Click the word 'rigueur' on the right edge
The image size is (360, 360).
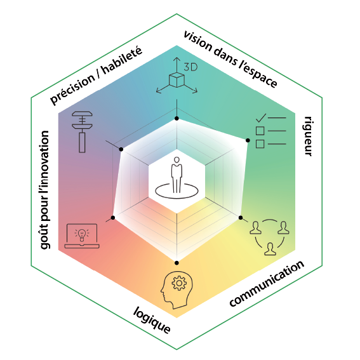[308, 137]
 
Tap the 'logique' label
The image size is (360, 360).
[152, 320]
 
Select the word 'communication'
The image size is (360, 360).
[267, 283]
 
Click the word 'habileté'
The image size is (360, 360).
[122, 60]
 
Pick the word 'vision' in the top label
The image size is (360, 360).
[198, 41]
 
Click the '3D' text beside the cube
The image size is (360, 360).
[190, 67]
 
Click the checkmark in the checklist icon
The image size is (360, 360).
[261, 118]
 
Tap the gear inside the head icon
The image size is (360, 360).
[179, 283]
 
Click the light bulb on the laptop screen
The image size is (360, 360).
[81, 235]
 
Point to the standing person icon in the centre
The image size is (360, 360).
[177, 175]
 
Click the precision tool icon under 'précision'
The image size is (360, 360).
[82, 132]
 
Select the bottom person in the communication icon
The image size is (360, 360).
[270, 249]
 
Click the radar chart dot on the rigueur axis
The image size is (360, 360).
[248, 140]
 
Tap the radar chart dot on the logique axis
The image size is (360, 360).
[177, 263]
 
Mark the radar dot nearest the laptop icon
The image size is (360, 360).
[113, 218]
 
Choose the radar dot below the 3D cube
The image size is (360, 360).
[177, 119]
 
